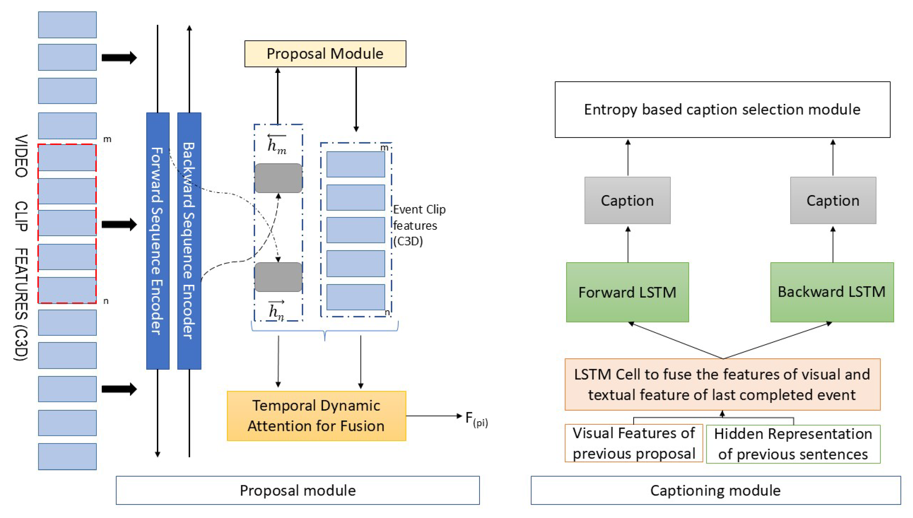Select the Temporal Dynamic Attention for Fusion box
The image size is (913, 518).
316,416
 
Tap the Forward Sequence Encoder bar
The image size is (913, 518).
158,241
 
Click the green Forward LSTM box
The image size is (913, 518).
627,292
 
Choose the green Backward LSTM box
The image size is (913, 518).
832,292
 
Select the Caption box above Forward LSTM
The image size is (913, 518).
627,200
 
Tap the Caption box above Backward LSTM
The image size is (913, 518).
833,200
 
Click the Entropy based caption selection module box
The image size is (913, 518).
722,110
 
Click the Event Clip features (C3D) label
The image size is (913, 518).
419,225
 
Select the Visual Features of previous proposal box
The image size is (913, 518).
634,443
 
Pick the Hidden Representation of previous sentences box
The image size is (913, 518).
793,444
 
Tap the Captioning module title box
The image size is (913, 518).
716,490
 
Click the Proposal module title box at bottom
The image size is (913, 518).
298,490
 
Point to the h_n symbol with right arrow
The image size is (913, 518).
276,310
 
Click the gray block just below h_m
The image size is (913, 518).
278,178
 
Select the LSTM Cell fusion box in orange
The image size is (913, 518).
722,384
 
